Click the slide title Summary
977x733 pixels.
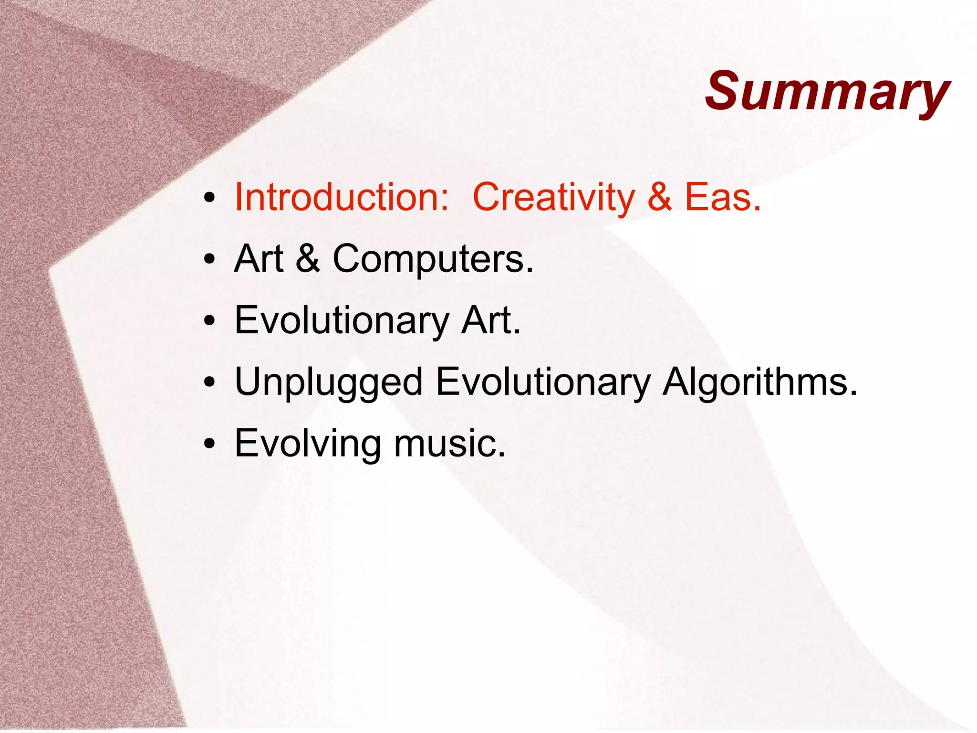pyautogui.click(x=828, y=92)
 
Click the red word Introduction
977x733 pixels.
pyautogui.click(x=342, y=197)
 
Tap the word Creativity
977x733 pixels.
pyautogui.click(x=553, y=197)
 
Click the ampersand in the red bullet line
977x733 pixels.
pyautogui.click(x=660, y=197)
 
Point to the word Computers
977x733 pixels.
pyautogui.click(x=432, y=259)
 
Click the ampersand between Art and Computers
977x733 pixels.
pyautogui.click(x=308, y=259)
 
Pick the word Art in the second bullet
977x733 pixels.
pyautogui.click(x=259, y=259)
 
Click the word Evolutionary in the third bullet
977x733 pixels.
pyautogui.click(x=342, y=320)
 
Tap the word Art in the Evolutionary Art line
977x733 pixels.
pyautogui.click(x=490, y=320)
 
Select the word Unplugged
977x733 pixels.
pyautogui.click(x=329, y=382)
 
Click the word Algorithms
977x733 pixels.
pyautogui.click(x=759, y=382)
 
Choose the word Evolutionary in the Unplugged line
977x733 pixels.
pyautogui.click(x=543, y=382)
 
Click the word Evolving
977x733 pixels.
pyautogui.click(x=308, y=444)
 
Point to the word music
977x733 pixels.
pyautogui.click(x=449, y=444)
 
